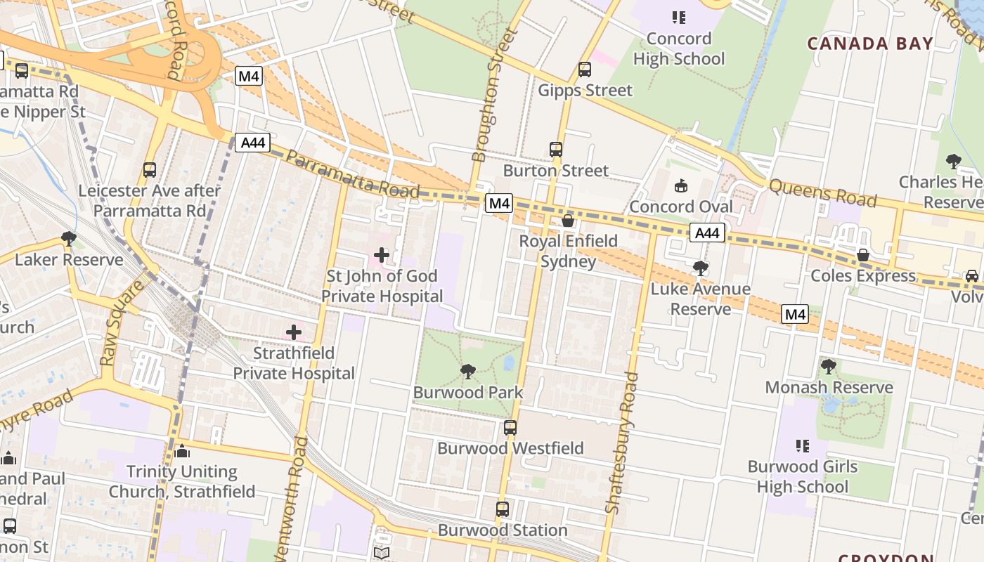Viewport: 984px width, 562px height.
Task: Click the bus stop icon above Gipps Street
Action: tap(584, 69)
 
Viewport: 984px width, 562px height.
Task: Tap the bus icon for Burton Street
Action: tap(556, 149)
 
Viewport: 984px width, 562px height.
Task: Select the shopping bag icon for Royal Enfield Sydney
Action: tap(568, 221)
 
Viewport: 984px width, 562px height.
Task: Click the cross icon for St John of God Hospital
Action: tap(382, 254)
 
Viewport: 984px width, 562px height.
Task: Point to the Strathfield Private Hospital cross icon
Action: tap(294, 332)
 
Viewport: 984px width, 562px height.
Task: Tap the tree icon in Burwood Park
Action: tap(468, 372)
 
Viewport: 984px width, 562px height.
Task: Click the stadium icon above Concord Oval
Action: tap(680, 186)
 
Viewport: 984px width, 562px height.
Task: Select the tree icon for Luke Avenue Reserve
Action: tap(700, 268)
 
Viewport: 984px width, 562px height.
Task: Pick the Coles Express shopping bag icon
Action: tap(863, 254)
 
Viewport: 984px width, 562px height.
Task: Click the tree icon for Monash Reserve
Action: tap(829, 366)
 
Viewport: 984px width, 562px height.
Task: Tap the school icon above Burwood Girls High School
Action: tap(802, 445)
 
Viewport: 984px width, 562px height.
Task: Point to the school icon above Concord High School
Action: tap(678, 18)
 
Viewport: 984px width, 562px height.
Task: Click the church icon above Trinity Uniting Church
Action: tap(182, 450)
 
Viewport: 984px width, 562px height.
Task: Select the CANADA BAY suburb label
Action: tap(870, 44)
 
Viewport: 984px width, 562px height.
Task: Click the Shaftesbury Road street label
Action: tap(621, 443)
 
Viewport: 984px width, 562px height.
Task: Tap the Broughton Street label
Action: tap(490, 95)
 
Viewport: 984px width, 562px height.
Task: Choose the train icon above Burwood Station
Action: tap(502, 509)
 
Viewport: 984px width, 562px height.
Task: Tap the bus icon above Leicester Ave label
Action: tap(149, 169)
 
